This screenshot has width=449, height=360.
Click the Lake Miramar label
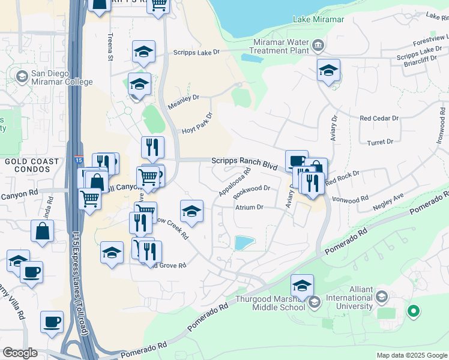pos(318,19)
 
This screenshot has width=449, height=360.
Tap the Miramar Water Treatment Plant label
pos(276,48)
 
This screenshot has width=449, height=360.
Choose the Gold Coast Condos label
pos(32,161)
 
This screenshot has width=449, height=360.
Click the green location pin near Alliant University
pos(412,311)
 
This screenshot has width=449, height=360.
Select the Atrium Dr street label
pos(249,208)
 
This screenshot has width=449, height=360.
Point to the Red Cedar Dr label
pos(379,119)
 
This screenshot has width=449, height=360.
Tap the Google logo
pos(20,353)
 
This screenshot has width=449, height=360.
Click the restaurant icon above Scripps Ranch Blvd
pos(152,146)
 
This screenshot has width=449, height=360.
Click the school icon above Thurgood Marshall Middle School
pos(303,284)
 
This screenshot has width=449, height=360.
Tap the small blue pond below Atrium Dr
pos(245,242)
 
